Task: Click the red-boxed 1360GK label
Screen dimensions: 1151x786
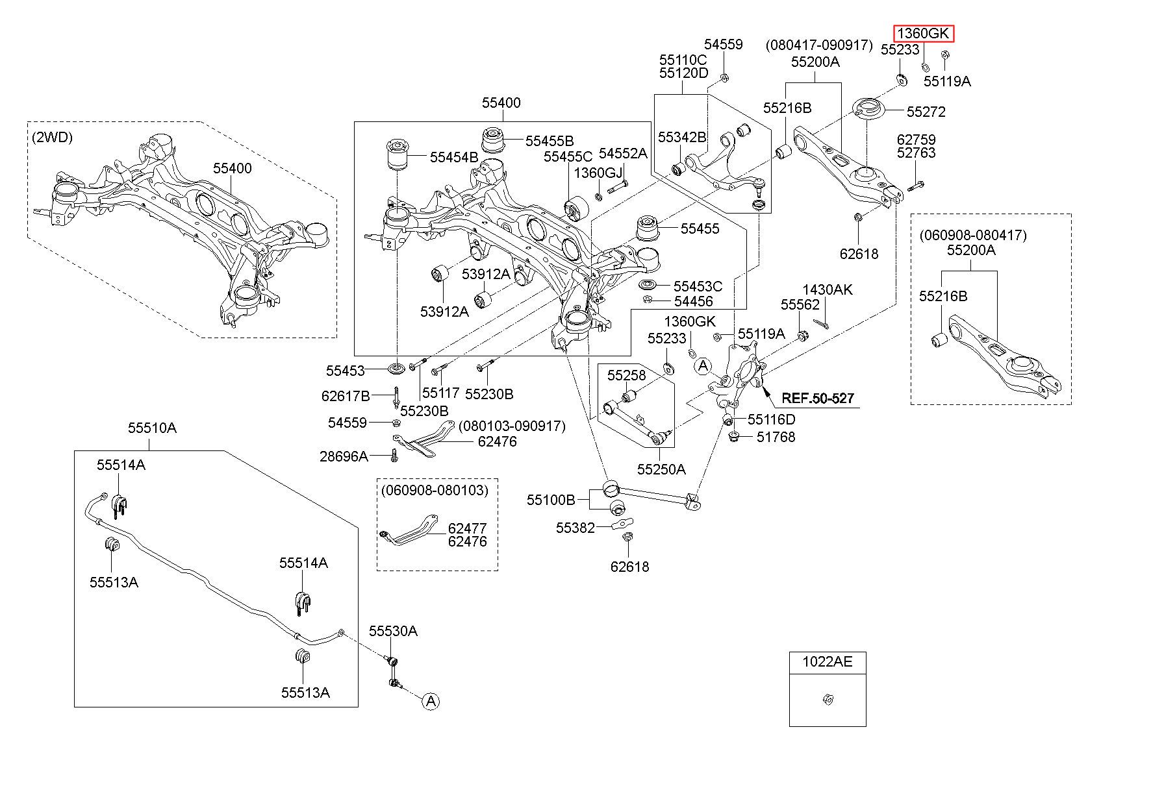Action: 924,33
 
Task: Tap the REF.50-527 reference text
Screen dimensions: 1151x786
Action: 817,398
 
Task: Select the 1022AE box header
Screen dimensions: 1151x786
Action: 827,661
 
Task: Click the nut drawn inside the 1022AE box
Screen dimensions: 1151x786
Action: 828,700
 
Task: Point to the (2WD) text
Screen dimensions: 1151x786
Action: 52,138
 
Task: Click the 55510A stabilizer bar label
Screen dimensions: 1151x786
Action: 152,428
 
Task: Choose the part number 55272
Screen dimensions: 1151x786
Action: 926,112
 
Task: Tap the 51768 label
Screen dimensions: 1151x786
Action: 776,437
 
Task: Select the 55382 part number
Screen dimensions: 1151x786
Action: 575,528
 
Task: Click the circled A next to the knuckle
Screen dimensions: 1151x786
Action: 703,367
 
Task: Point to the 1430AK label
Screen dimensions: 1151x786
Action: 828,289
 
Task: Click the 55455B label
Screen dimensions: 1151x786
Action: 550,141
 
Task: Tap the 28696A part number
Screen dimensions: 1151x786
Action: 344,456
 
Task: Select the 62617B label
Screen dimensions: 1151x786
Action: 346,396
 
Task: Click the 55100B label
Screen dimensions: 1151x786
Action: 551,500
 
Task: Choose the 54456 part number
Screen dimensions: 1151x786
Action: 693,301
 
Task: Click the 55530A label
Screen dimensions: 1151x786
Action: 393,631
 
